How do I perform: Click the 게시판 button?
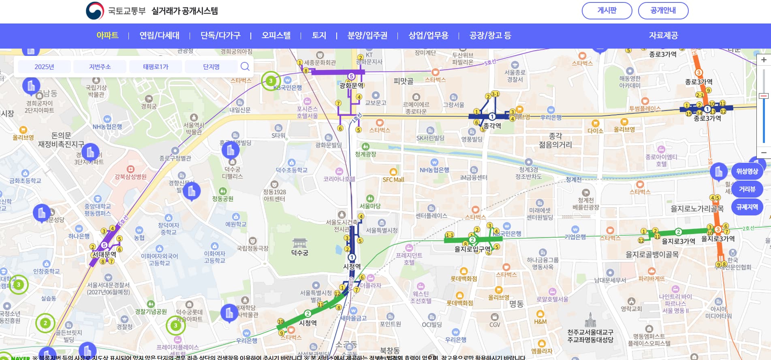click(607, 11)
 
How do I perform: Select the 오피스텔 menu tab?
click(276, 36)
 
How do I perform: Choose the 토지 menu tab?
click(319, 36)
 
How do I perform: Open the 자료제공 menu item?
click(663, 36)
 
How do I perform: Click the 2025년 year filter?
click(44, 67)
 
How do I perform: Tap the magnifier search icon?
click(245, 66)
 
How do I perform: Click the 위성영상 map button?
click(747, 171)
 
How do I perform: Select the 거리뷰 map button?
click(747, 189)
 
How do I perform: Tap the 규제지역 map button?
click(747, 207)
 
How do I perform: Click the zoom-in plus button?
click(764, 60)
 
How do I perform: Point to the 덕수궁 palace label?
click(299, 253)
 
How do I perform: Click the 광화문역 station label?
click(351, 85)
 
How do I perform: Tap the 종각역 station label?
click(492, 126)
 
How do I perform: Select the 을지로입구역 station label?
click(472, 249)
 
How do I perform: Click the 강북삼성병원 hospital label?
click(130, 177)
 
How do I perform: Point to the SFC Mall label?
click(393, 179)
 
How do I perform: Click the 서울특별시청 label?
click(382, 230)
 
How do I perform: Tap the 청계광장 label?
click(365, 154)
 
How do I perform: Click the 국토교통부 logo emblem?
click(95, 11)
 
